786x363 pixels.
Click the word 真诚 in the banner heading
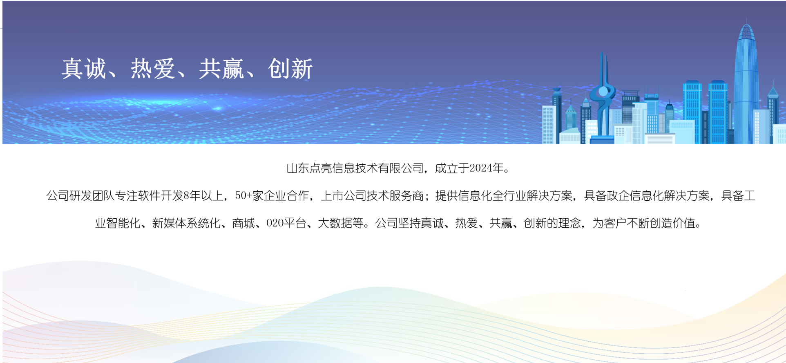pos(84,68)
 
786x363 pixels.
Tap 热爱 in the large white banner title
pos(153,68)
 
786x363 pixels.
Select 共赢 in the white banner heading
pos(221,68)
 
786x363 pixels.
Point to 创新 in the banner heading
pos(290,68)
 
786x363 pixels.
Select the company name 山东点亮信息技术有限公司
pos(355,168)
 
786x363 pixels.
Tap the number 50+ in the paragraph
pos(243,196)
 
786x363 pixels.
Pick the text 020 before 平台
pos(275,223)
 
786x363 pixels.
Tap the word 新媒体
pos(169,223)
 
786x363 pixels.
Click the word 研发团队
pos(92,196)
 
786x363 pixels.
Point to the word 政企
pos(618,196)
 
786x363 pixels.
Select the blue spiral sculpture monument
pos(603,102)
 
